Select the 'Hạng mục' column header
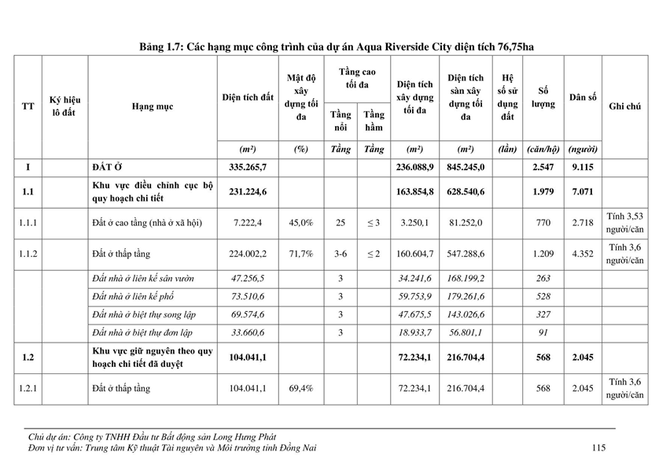(x=153, y=106)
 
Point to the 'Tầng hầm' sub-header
(x=374, y=121)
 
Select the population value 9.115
(x=583, y=168)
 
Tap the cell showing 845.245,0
(x=472, y=168)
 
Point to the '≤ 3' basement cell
(x=374, y=223)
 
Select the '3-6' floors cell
(x=340, y=254)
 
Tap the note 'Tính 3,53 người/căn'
(x=624, y=223)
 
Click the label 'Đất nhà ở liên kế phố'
(x=142, y=296)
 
